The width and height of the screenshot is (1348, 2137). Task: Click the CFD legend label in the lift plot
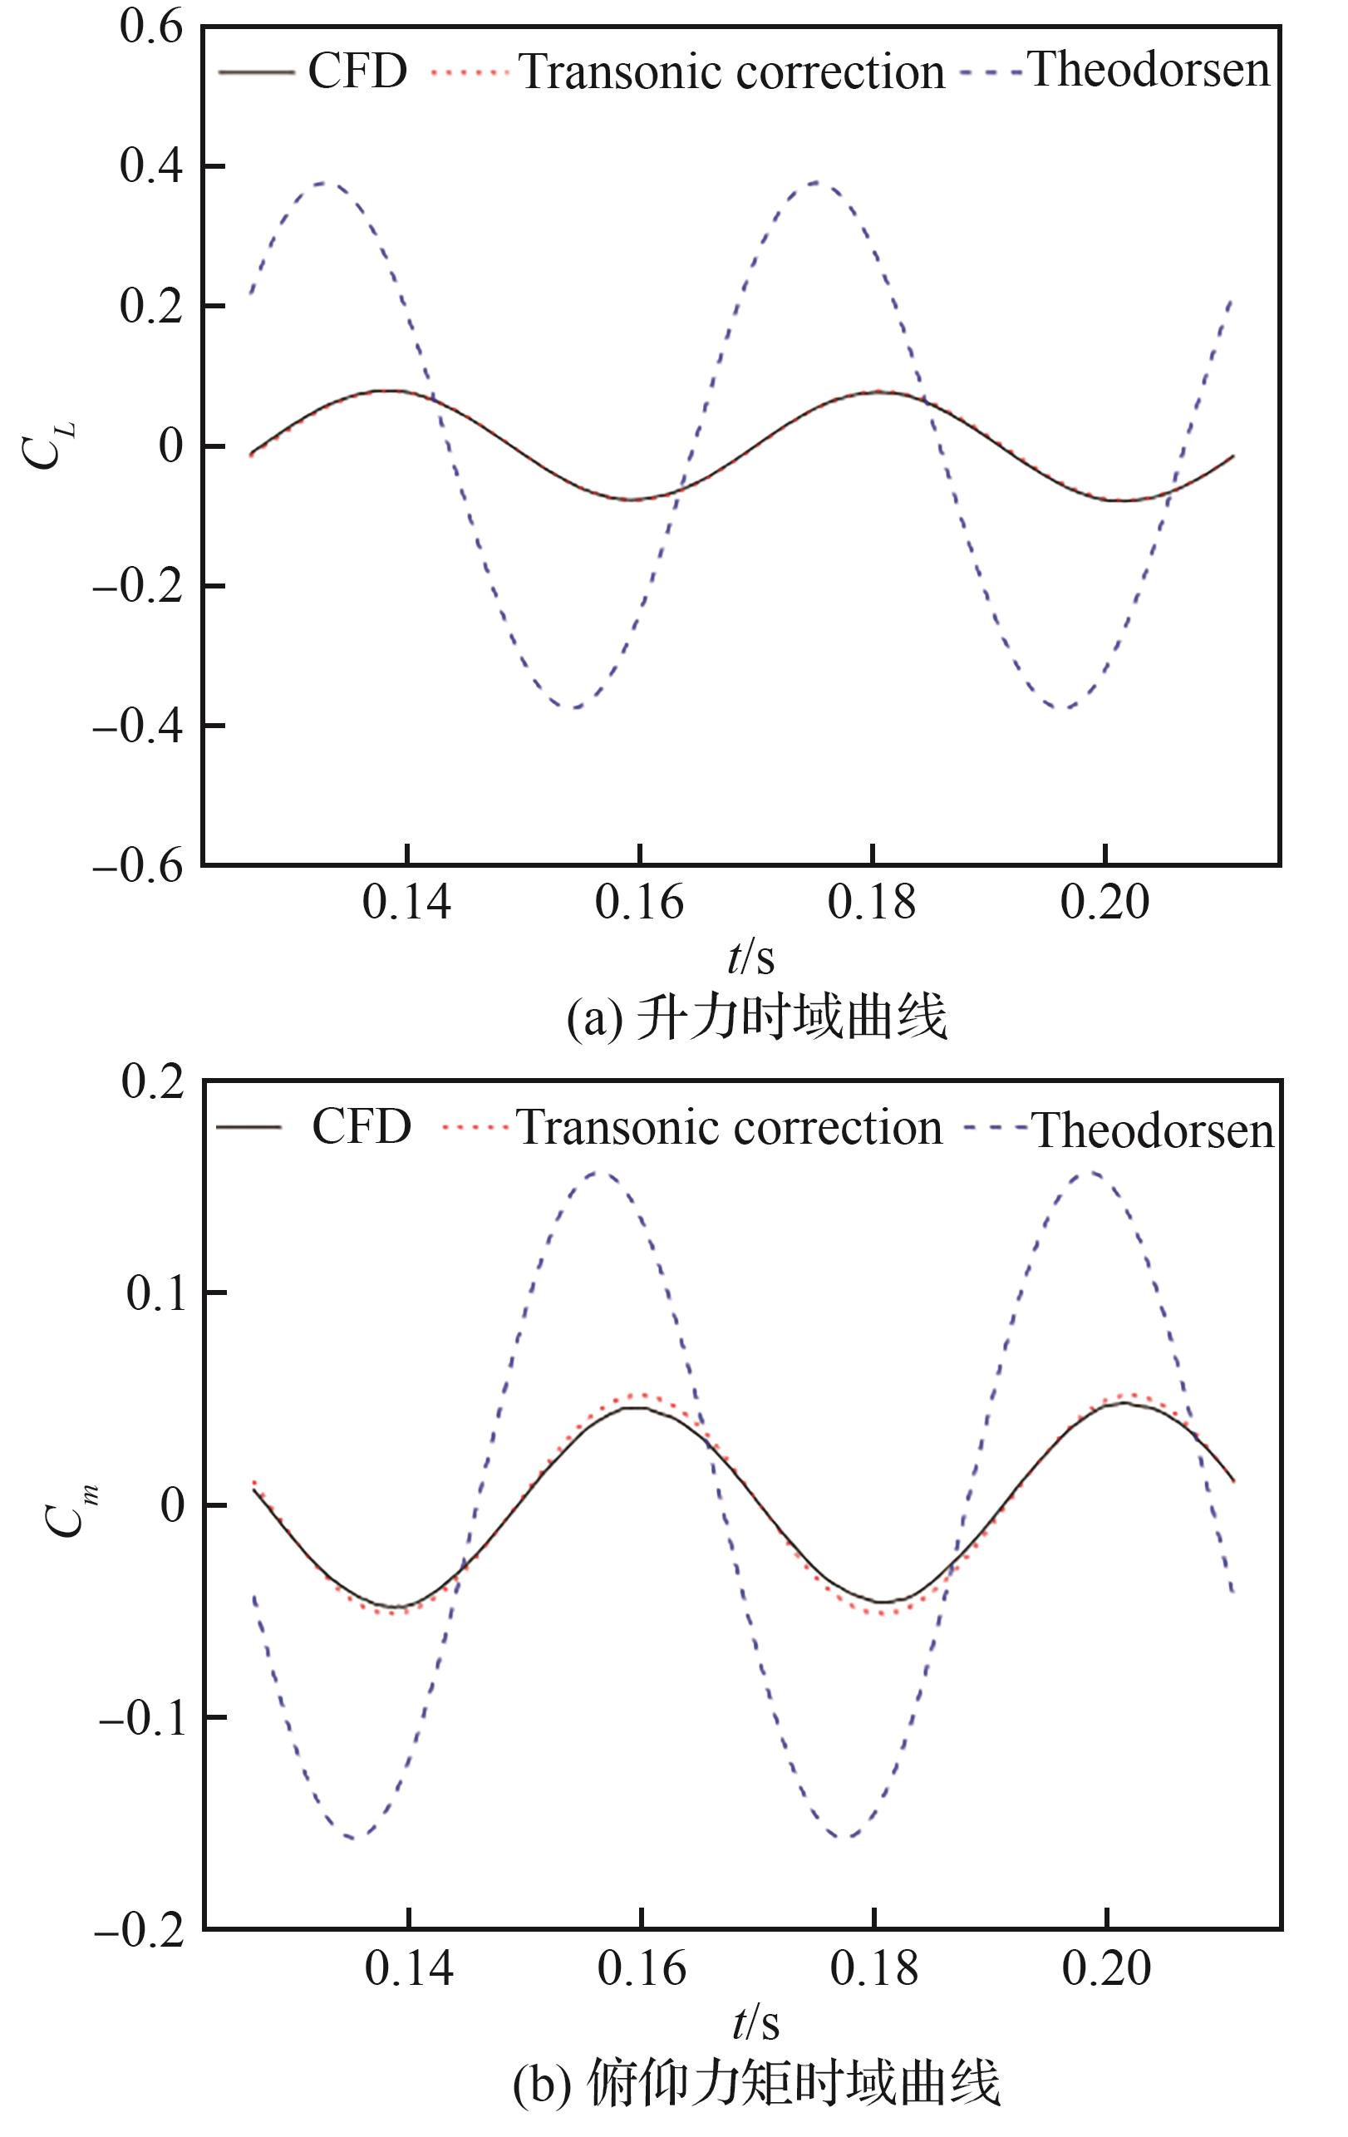click(x=357, y=71)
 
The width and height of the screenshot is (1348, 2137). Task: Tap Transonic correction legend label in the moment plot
click(x=729, y=1128)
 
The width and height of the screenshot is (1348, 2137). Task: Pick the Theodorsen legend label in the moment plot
click(x=1154, y=1130)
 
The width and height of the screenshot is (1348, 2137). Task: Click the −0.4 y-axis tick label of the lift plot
click(x=138, y=726)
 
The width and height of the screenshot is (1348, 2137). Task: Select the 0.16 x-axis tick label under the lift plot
click(x=639, y=903)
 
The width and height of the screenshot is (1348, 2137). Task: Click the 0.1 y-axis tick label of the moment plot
click(x=157, y=1293)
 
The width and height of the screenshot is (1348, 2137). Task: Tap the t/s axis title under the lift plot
click(x=750, y=958)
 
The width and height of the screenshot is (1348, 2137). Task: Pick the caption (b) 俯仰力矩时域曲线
click(x=756, y=2083)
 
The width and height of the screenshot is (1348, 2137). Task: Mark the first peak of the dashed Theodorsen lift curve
click(x=322, y=183)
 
